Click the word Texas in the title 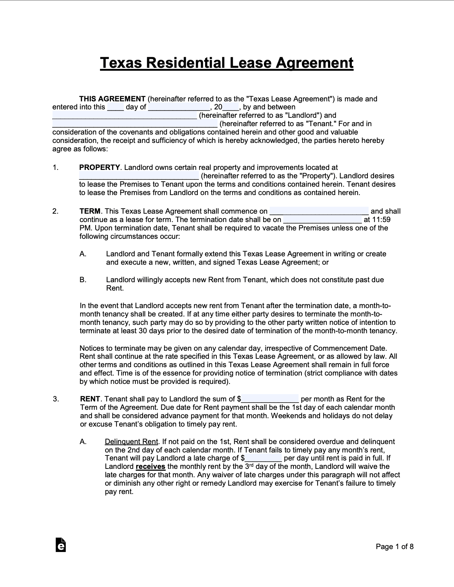coord(121,63)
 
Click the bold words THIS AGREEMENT coord(112,99)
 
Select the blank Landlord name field coord(124,116)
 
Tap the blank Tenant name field coord(135,124)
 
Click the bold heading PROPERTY coord(99,167)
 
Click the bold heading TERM coord(90,211)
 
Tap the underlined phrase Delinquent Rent coord(131,442)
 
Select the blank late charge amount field coord(263,459)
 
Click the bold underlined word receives coord(150,467)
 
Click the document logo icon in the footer coord(61,545)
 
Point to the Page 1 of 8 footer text coord(395,547)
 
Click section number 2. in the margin coord(55,211)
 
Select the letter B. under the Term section coord(83,280)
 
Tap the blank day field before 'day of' coord(115,108)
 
